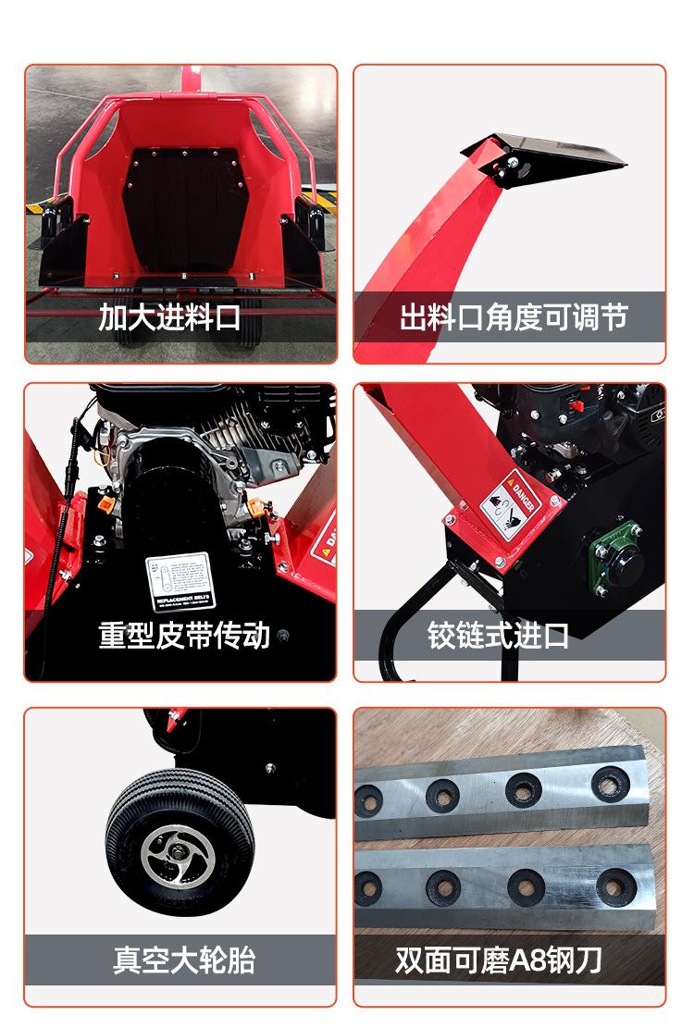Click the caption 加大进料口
tap(169, 317)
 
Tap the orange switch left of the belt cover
tap(105, 507)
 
